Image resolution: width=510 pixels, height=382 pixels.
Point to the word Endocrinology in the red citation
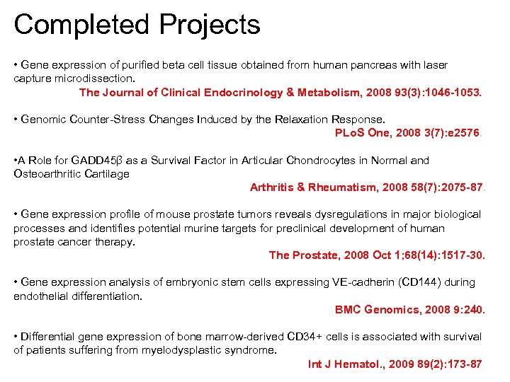[x=244, y=92]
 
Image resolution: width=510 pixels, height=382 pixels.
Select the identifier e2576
[x=463, y=132]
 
